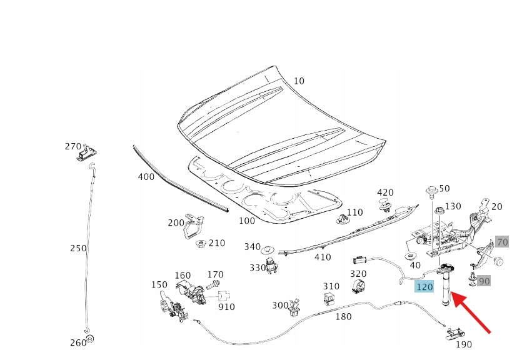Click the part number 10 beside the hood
(299, 81)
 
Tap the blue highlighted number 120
(424, 287)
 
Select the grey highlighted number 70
(503, 242)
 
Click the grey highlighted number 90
(484, 281)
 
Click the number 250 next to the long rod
(78, 248)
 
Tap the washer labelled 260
(89, 339)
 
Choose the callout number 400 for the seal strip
(146, 177)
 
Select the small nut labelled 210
(201, 244)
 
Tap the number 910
(226, 307)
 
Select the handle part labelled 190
(453, 333)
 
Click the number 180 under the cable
(343, 317)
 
